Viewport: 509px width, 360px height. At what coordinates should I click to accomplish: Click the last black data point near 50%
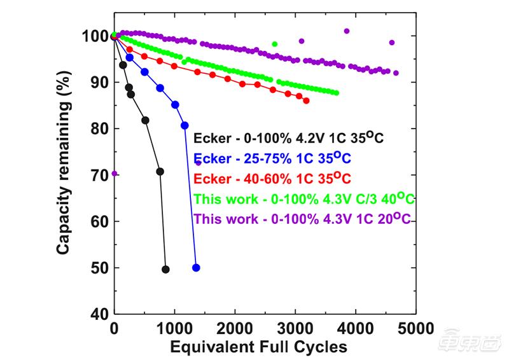pyautogui.click(x=165, y=269)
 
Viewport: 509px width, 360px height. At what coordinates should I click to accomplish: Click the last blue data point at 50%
pyautogui.click(x=196, y=268)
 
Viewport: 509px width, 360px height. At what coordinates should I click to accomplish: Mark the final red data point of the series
pyautogui.click(x=306, y=100)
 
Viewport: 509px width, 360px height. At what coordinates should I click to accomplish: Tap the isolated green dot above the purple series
pyautogui.click(x=275, y=44)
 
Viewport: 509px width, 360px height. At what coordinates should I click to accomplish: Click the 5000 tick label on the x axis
pyautogui.click(x=416, y=329)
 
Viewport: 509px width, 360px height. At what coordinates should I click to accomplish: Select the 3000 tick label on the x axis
pyautogui.click(x=295, y=329)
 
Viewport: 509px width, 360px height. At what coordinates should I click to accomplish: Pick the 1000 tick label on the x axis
pyautogui.click(x=174, y=329)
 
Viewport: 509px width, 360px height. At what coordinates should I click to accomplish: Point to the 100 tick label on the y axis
pyautogui.click(x=94, y=36)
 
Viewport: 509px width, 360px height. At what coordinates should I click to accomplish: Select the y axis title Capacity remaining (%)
pyautogui.click(x=64, y=175)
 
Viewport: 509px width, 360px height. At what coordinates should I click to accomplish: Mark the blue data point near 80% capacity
pyautogui.click(x=185, y=125)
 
